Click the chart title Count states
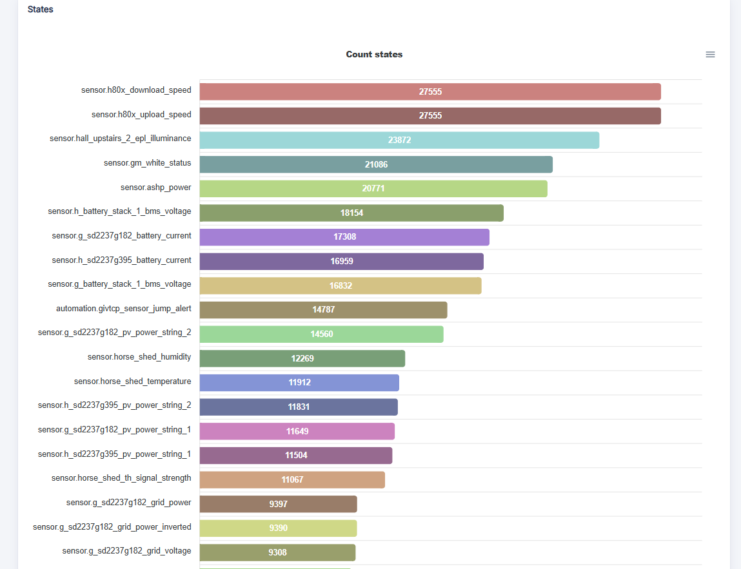(x=374, y=54)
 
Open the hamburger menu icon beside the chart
(x=710, y=54)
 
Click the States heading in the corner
(x=40, y=10)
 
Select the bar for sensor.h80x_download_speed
(x=430, y=92)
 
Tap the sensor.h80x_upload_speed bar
(x=430, y=116)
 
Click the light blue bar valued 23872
(x=399, y=140)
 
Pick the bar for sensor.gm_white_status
(x=376, y=164)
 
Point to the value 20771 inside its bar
(x=373, y=188)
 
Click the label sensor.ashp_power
(x=155, y=188)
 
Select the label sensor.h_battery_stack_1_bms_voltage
(x=119, y=211)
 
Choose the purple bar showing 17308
(x=344, y=237)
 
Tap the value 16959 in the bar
(x=342, y=261)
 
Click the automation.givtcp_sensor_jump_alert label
(x=123, y=309)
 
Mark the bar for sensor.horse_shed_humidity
(x=302, y=358)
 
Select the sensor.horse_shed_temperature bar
(x=299, y=383)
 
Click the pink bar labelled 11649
(x=297, y=431)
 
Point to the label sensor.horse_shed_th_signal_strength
(x=121, y=478)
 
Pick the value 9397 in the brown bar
(x=279, y=504)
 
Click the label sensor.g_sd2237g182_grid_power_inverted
(x=112, y=527)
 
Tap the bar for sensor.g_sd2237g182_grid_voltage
(x=277, y=552)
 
